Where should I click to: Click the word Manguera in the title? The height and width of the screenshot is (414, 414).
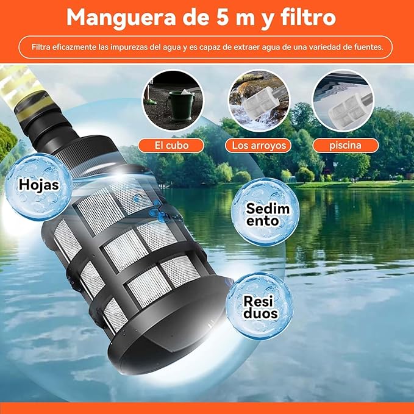coord(121,18)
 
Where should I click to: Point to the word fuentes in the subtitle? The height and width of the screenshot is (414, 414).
coord(369,48)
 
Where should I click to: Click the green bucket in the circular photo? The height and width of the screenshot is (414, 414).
coord(181,105)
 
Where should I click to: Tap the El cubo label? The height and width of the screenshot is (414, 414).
coord(171,146)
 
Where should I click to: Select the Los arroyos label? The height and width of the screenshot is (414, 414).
coord(259,146)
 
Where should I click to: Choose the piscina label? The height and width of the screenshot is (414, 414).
coord(345,145)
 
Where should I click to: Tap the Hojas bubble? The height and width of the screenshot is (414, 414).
coord(39,187)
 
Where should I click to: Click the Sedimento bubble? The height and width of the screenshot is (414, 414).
coord(265,212)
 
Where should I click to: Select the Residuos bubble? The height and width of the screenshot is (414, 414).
coord(260,305)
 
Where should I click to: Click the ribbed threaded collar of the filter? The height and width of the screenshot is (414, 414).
coord(87,155)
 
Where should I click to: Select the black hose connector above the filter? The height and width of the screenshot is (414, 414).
coord(50,124)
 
